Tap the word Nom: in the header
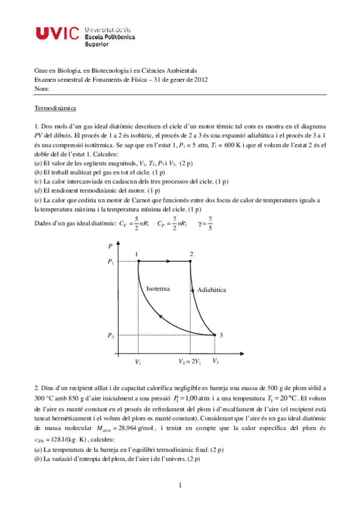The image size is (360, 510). (41, 88)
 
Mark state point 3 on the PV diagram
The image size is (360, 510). (215, 335)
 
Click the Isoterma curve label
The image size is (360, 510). (158, 289)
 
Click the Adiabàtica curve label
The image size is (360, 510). (212, 289)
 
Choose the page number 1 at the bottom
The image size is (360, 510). (180, 485)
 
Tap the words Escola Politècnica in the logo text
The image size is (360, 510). (111, 36)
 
